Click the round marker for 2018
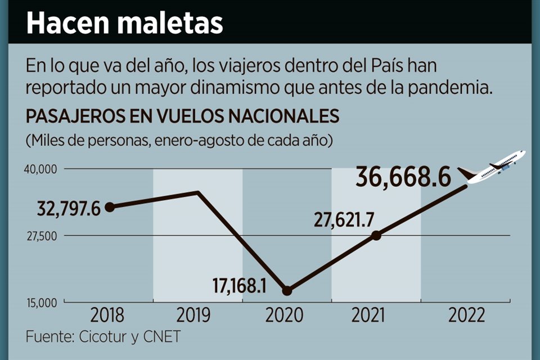point(110,207)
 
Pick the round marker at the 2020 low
point(287,290)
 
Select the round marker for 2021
point(376,235)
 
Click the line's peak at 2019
point(198,192)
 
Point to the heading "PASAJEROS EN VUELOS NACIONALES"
point(182,116)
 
